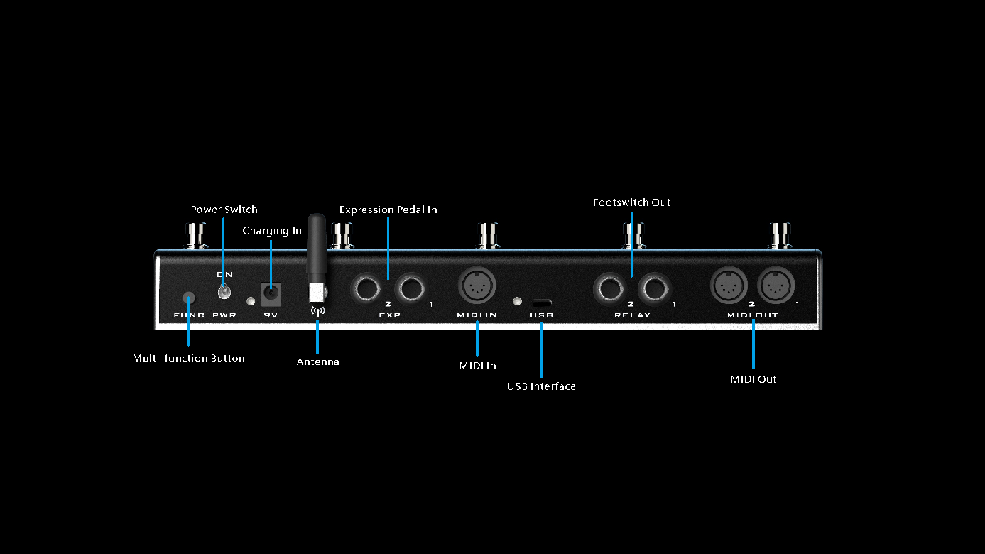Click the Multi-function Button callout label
[x=189, y=359]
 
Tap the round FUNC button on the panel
[x=189, y=298]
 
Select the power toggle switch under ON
[x=224, y=292]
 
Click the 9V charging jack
[x=271, y=294]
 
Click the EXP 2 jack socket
[x=366, y=289]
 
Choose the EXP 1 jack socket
[x=410, y=289]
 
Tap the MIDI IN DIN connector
[x=477, y=286]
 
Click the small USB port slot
[x=542, y=303]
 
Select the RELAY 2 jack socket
[x=610, y=289]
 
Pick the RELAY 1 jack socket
[x=654, y=289]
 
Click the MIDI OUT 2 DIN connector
[x=729, y=286]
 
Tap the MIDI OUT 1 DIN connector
[x=776, y=286]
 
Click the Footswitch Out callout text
[x=632, y=202]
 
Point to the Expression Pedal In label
[x=388, y=210]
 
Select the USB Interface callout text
[x=541, y=386]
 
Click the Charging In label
[x=272, y=231]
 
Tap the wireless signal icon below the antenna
[x=317, y=311]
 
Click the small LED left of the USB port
[x=517, y=302]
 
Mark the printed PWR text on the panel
[x=224, y=315]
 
